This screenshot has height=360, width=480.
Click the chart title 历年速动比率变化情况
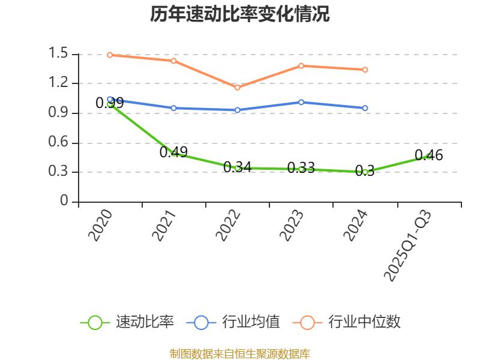pos(240,14)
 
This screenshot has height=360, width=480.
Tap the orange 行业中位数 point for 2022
pos(238,88)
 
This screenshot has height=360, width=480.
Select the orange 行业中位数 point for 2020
pos(110,55)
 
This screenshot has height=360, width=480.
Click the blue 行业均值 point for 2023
pos(301,102)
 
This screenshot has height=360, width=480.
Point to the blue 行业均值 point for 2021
pos(173,108)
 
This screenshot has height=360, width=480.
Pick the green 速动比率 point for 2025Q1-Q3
pos(428,156)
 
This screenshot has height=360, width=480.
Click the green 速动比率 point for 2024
pos(365,172)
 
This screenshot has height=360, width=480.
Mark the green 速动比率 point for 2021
pos(173,154)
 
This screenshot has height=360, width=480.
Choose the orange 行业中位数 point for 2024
pos(365,70)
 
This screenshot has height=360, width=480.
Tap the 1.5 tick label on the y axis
pos(59,54)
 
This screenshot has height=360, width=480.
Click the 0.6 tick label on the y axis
pos(59,143)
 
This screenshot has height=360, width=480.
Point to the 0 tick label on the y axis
pos(65,202)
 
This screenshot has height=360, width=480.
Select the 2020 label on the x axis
pos(101,226)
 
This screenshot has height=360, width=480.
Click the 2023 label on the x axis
pos(292,226)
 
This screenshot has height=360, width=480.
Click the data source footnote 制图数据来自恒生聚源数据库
pos(240,353)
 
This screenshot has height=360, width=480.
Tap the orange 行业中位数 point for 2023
pos(301,65)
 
